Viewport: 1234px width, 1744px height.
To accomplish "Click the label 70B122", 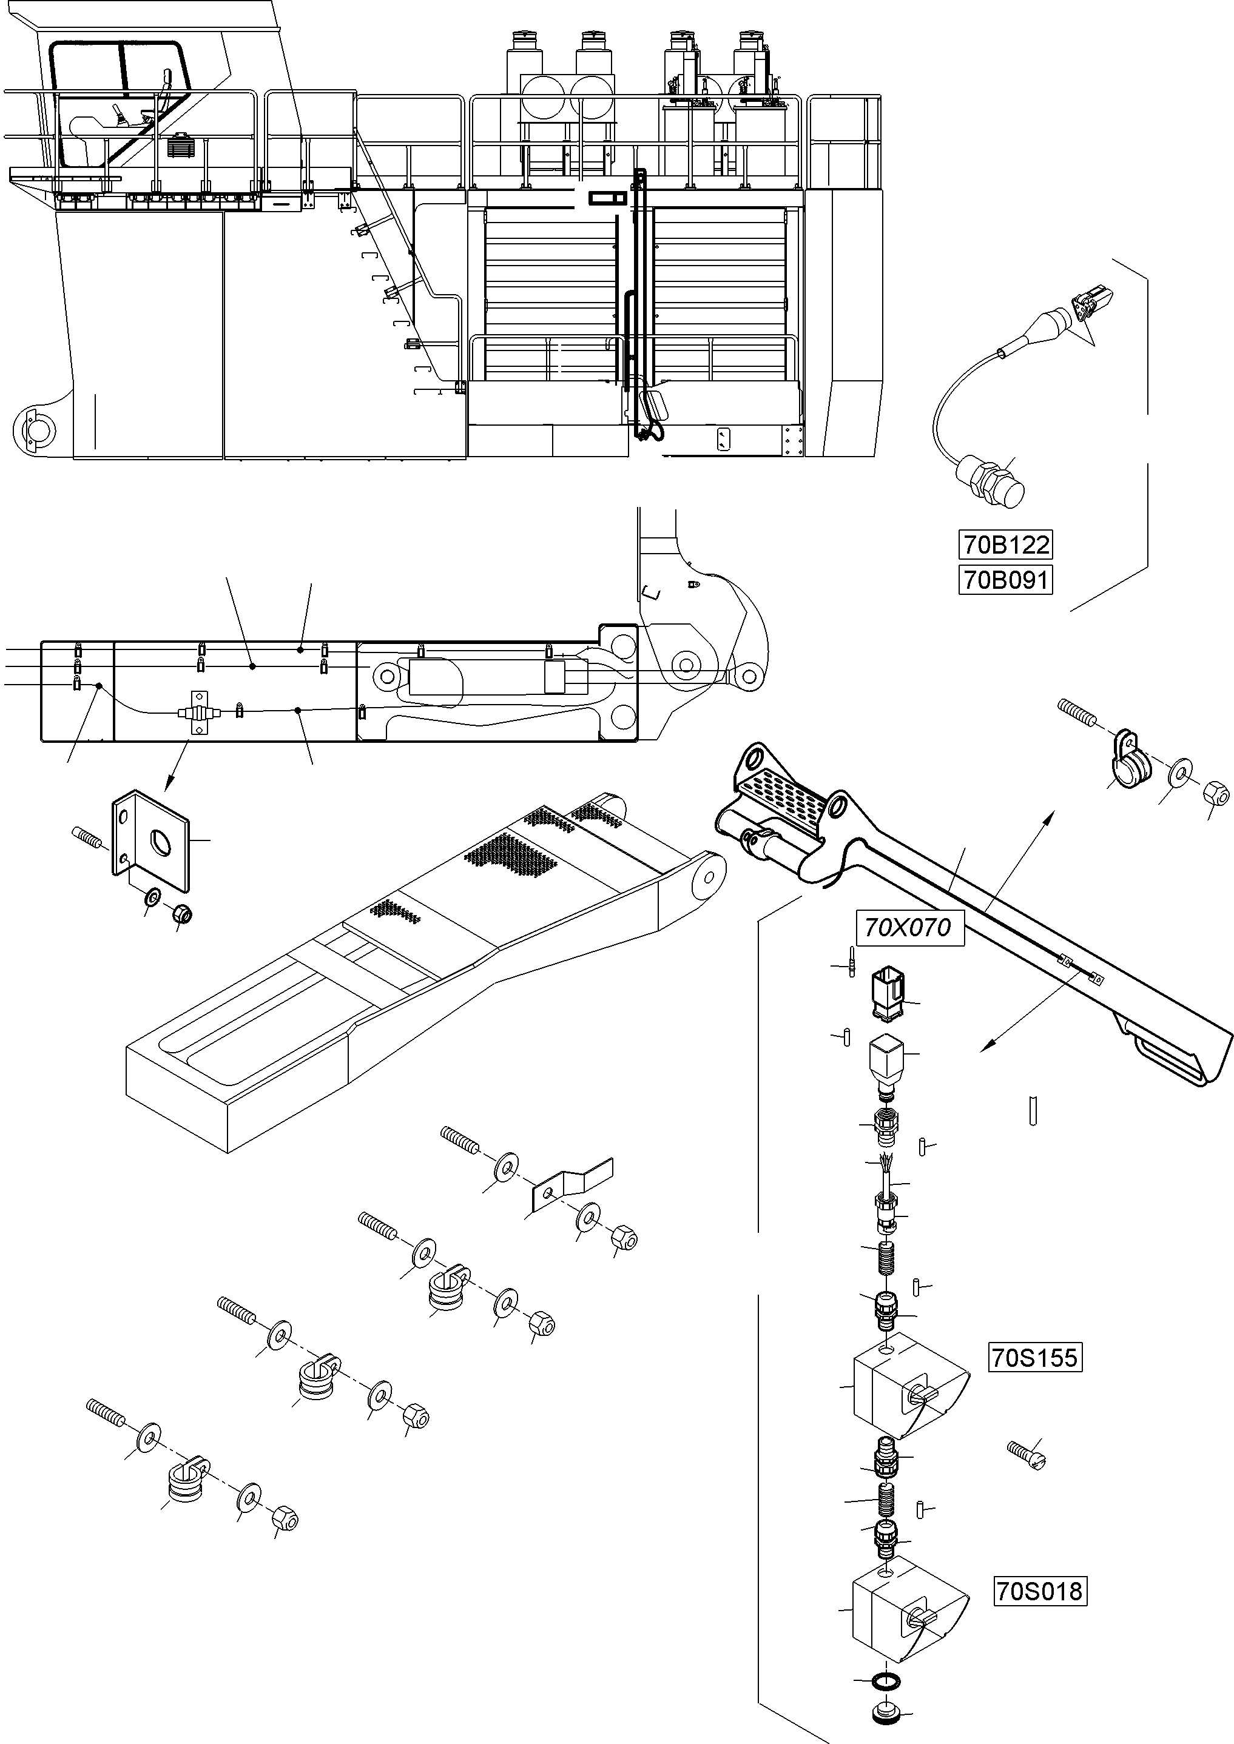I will (1005, 545).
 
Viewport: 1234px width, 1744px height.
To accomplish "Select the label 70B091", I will (1005, 580).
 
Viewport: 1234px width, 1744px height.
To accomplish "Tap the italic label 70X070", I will (909, 927).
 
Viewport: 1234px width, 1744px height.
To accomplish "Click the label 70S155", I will (1034, 1357).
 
